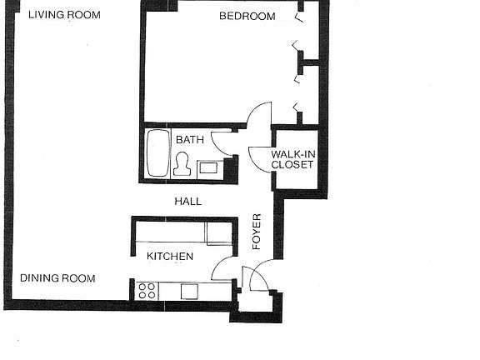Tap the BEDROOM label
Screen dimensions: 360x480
[x=247, y=16]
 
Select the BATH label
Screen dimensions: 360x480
[x=189, y=140]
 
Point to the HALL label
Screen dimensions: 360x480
[x=187, y=201]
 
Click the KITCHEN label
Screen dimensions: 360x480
[x=170, y=256]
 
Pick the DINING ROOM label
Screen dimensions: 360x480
[x=57, y=278]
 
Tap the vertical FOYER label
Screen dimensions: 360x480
[x=257, y=232]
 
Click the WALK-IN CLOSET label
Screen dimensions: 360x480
[x=292, y=159]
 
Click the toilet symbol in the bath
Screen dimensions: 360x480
[x=182, y=165]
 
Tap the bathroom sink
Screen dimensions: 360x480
[x=208, y=167]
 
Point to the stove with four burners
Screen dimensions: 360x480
[x=147, y=290]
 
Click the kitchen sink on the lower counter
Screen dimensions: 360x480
[x=189, y=291]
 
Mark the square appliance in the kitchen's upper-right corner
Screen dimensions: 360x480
[x=218, y=232]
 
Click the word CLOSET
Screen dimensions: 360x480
[x=292, y=165]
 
